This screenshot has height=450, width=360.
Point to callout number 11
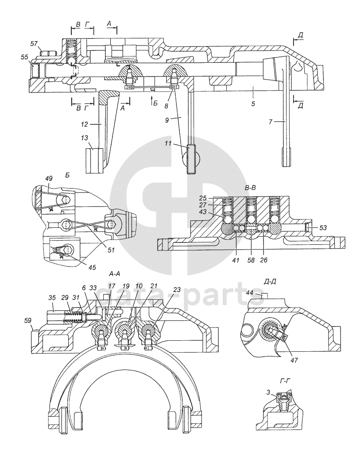coord(180,144)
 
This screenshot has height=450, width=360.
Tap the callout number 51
coord(111,250)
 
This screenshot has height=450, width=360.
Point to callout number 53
coord(324,227)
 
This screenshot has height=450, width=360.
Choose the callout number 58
coord(251,261)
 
